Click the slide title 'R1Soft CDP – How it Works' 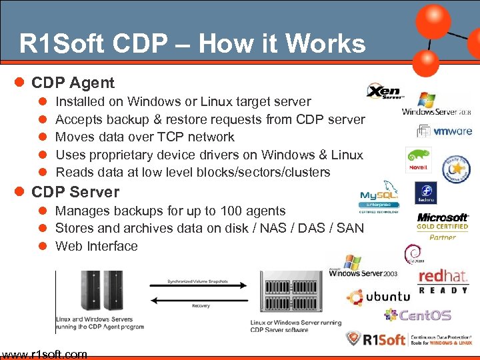point(192,44)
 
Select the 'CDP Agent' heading point(73,83)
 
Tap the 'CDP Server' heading point(75,192)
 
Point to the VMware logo point(445,131)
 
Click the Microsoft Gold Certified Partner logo point(443,226)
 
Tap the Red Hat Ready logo point(443,281)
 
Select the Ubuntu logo point(378,297)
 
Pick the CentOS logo point(418,315)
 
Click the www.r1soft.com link point(44,354)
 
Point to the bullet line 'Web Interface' point(96,246)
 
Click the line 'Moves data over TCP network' point(145,137)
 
